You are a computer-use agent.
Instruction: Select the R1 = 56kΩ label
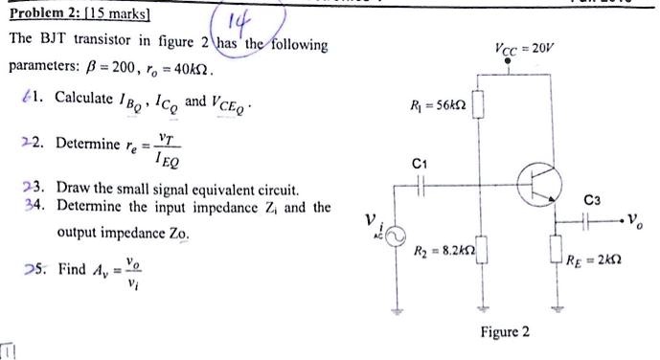coord(438,104)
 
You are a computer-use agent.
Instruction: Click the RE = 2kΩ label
coord(594,256)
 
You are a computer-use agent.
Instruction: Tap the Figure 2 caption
coord(504,331)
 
